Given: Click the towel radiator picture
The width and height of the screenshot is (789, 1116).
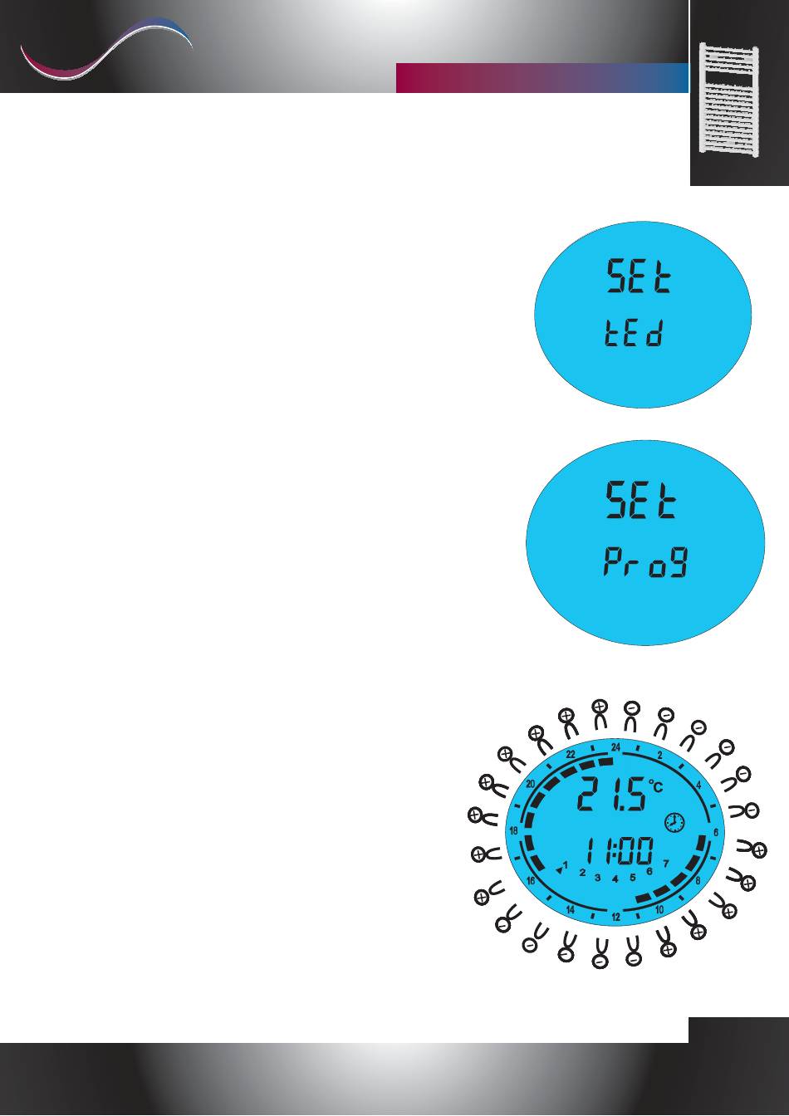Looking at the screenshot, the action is click(728, 98).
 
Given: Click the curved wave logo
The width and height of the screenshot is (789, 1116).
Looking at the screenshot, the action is click(106, 48).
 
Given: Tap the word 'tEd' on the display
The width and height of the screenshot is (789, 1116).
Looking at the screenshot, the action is click(634, 333).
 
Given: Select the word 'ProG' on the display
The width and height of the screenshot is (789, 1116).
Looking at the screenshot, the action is click(646, 561).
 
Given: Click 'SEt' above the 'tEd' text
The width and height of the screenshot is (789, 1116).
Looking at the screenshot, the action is click(639, 276).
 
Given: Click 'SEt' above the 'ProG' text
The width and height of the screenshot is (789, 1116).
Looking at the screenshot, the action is click(641, 500).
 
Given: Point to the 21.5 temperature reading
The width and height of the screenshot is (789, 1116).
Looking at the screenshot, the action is click(611, 794).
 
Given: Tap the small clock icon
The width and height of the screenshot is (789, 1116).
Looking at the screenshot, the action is click(674, 823).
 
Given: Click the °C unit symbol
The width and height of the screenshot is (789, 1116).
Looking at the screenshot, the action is click(656, 786).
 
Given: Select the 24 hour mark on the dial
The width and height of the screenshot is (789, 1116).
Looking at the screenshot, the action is click(616, 747).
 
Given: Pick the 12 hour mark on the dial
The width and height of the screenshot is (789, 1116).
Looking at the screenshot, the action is click(616, 918).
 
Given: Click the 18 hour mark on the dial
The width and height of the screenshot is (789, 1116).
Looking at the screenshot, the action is click(514, 830).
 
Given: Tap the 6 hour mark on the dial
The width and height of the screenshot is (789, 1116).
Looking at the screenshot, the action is click(716, 833).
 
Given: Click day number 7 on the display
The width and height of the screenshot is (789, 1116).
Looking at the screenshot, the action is click(665, 863).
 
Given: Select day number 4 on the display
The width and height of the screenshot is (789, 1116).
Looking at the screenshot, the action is click(615, 879).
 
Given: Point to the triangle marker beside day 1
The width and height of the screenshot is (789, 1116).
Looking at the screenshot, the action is click(559, 871).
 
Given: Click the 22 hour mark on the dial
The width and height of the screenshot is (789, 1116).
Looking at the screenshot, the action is click(571, 754).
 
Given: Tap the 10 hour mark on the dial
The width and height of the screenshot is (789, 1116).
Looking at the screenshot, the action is click(659, 909).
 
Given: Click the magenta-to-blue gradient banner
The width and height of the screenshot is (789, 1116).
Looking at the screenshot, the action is click(542, 78).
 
